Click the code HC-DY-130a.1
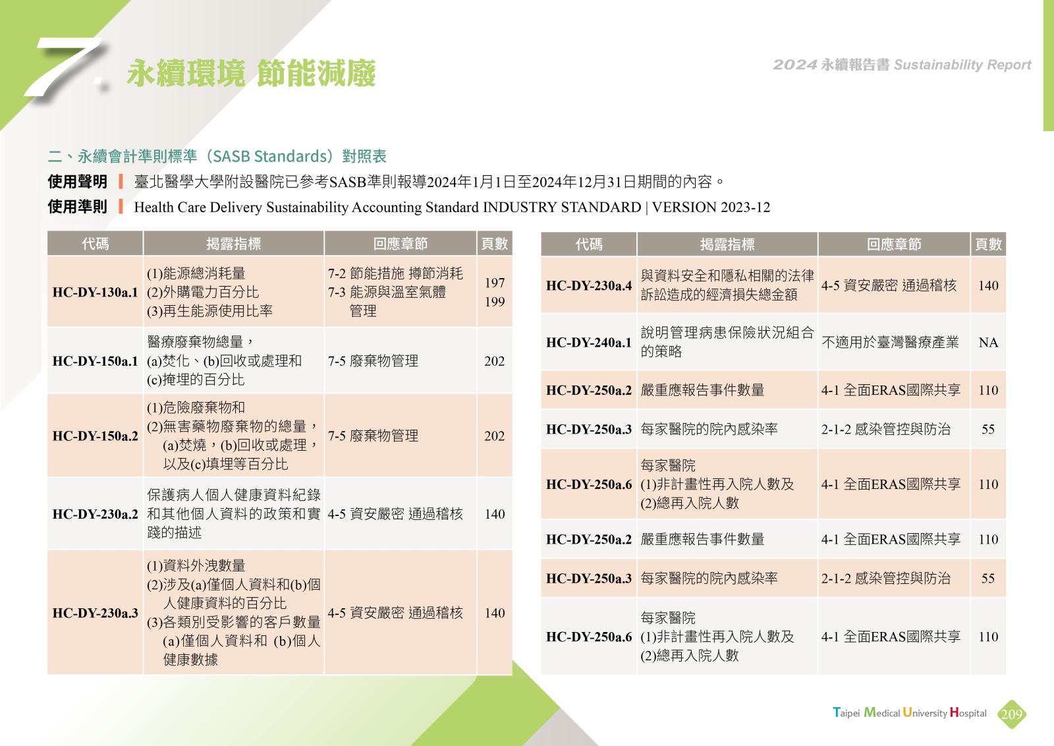(x=95, y=293)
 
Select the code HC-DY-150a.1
(x=95, y=361)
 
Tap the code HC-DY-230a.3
(x=95, y=613)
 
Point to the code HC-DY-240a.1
(x=589, y=342)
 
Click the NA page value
(x=988, y=342)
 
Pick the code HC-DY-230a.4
(x=589, y=285)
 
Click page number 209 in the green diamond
(x=1012, y=714)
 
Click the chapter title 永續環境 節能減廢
(x=251, y=73)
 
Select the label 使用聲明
(x=78, y=182)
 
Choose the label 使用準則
(x=78, y=207)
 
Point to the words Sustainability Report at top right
(x=962, y=65)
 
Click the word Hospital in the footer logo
(x=968, y=712)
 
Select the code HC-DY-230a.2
(x=95, y=514)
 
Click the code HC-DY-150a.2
(x=95, y=436)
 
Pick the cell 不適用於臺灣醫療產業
(x=890, y=342)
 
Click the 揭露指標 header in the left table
(x=233, y=243)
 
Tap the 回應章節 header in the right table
(x=894, y=244)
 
